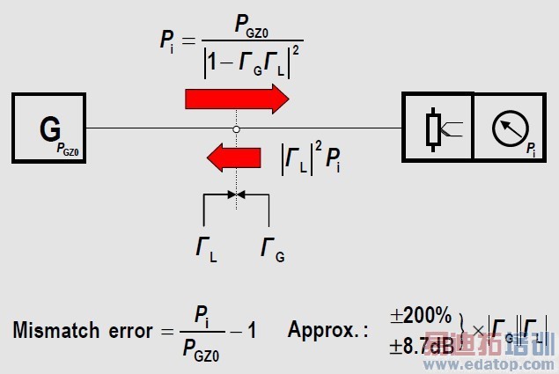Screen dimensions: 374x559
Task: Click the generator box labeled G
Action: click(50, 128)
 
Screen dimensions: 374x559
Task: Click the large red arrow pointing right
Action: click(236, 99)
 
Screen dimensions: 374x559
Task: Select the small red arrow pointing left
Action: click(234, 158)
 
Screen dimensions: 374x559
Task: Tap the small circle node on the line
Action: click(236, 129)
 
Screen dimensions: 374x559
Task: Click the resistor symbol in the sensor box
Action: click(434, 128)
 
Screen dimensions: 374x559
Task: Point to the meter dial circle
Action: click(508, 128)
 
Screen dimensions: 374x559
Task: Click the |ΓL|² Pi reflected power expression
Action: click(312, 159)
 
